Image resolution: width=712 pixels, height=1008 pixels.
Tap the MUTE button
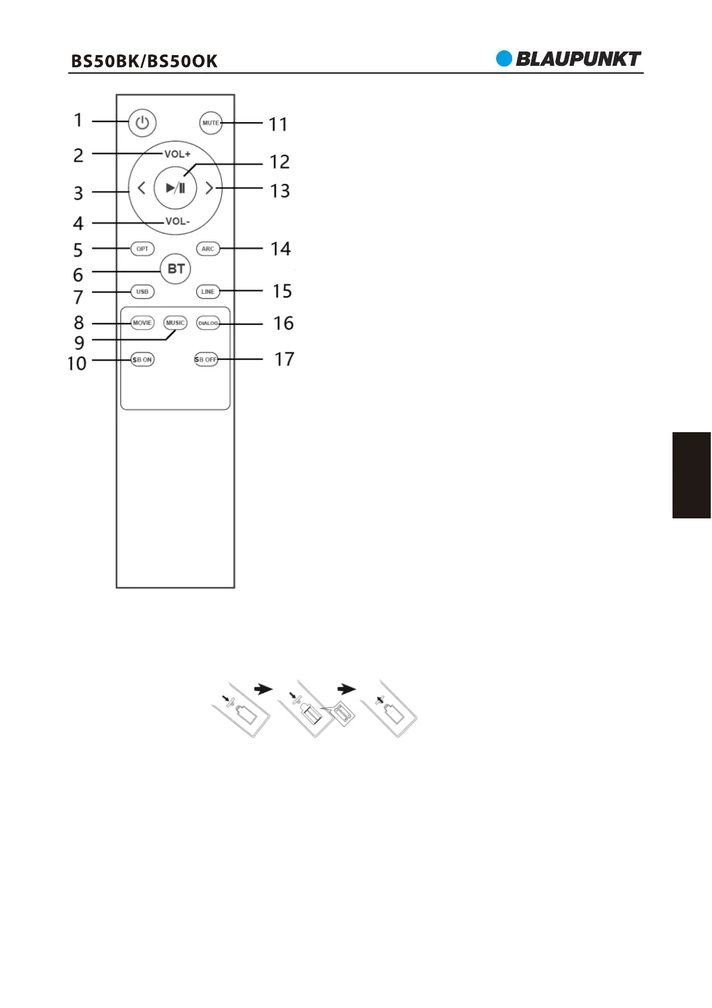[211, 123]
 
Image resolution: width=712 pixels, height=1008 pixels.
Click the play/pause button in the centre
[175, 187]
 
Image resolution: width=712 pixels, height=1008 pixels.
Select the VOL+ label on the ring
[177, 154]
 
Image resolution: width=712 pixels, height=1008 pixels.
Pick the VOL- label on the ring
[178, 221]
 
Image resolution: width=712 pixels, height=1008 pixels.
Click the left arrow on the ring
[141, 187]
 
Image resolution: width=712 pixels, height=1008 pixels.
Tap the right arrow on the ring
[209, 187]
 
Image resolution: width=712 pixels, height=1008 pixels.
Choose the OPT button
[142, 249]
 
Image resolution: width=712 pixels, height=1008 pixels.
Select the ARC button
[208, 249]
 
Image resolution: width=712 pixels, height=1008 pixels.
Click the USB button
[142, 292]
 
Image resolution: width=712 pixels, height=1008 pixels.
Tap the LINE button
[208, 292]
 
